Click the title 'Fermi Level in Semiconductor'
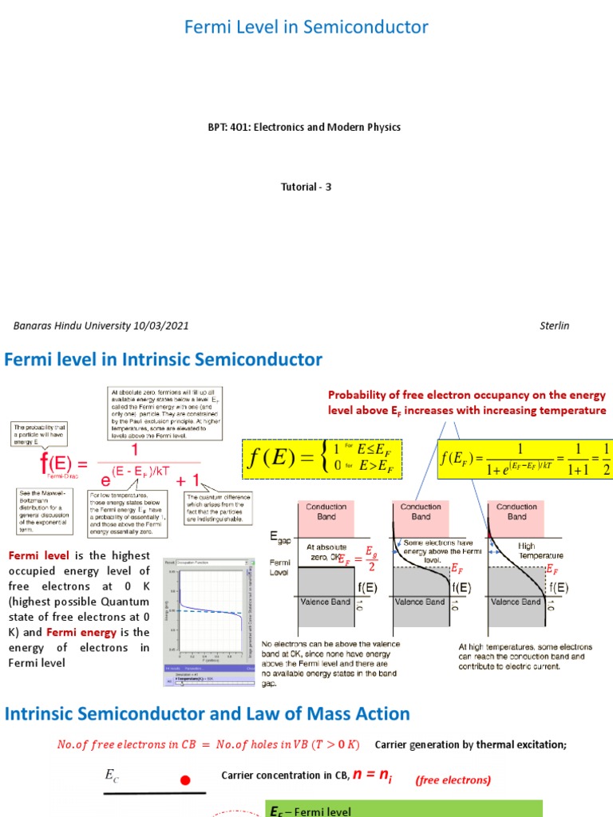[x=306, y=27]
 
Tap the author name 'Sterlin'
[x=554, y=326]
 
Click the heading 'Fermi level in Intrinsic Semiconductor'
[x=164, y=360]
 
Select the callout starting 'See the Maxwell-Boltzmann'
[x=45, y=511]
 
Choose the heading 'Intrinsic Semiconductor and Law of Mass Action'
[x=208, y=713]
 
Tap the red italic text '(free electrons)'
[x=453, y=780]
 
